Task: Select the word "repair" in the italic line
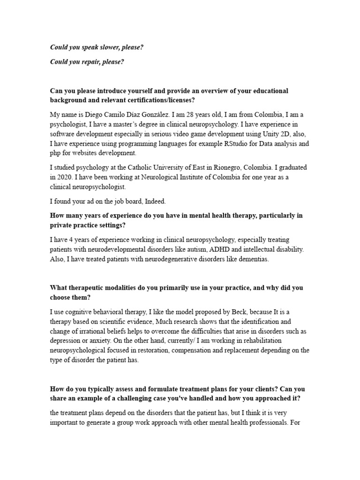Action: tap(92, 61)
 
